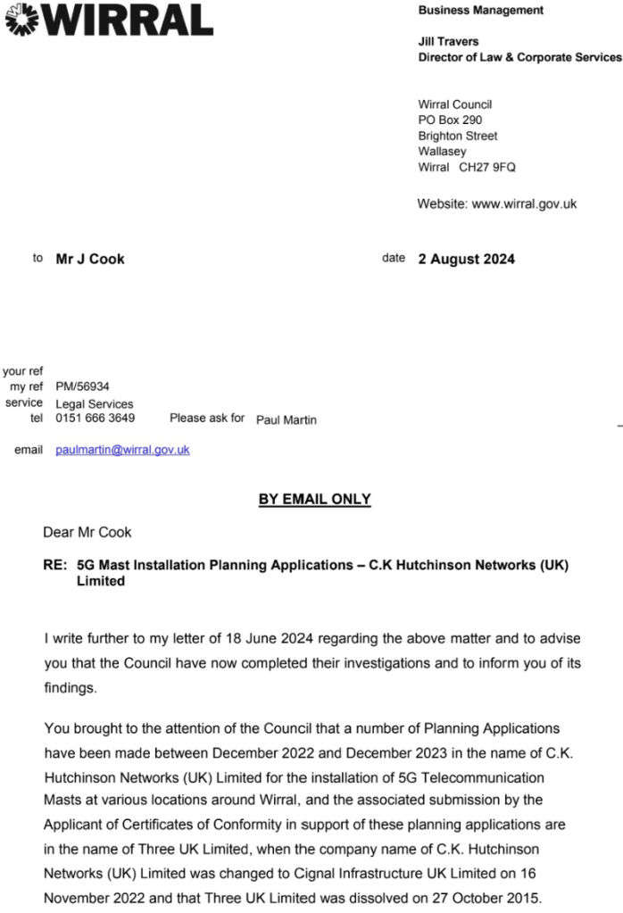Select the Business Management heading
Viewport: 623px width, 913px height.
[480, 10]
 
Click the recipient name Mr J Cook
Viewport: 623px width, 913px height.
[90, 259]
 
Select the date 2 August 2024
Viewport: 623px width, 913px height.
[466, 259]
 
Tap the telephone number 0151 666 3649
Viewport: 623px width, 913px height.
[95, 417]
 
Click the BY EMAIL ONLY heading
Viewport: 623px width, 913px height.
[314, 499]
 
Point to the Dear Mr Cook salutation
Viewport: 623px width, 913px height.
[87, 532]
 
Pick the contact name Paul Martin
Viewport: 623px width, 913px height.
[286, 419]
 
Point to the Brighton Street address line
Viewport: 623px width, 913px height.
[457, 137]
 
